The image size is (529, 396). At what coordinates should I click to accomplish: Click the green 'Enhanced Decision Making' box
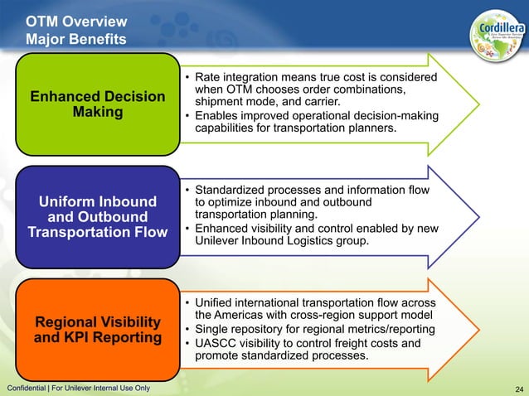(x=97, y=104)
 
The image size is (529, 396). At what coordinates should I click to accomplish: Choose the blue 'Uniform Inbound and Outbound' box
(x=97, y=217)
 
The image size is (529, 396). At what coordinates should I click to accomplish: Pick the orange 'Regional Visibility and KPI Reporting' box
(x=97, y=330)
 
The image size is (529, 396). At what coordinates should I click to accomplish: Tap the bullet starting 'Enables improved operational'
(x=315, y=123)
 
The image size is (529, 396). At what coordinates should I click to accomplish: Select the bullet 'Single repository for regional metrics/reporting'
(x=314, y=329)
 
